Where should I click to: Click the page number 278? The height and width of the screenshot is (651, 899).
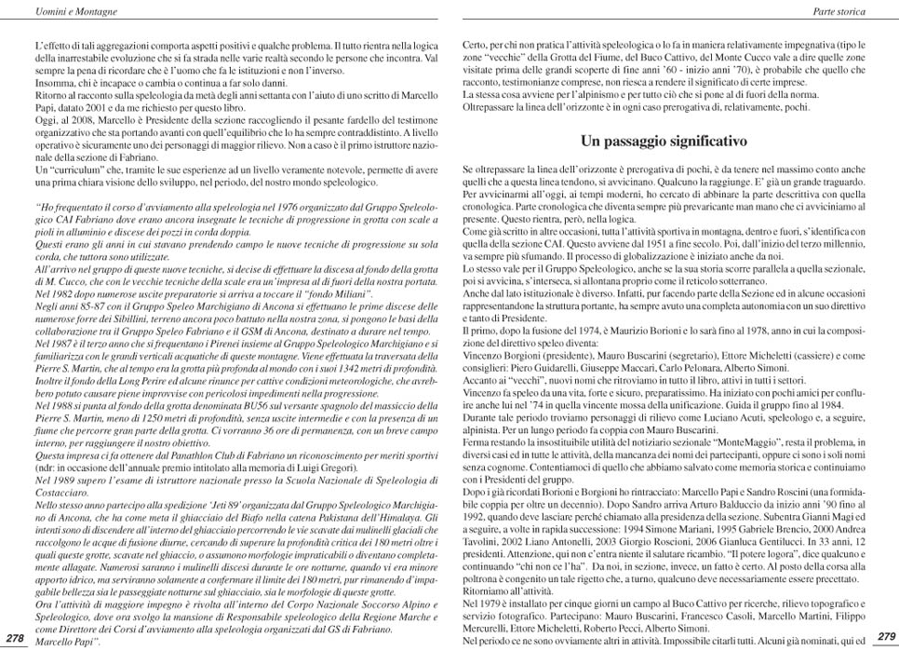coord(15,637)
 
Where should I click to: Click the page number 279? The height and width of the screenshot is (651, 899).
coord(886,636)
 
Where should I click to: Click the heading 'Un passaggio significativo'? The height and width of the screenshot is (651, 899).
coord(664,142)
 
